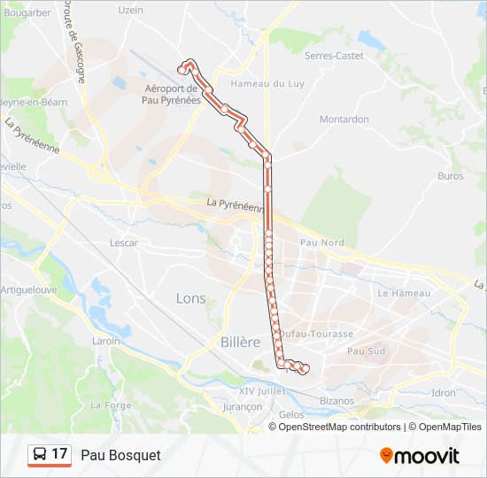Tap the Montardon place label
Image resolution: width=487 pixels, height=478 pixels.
click(344, 119)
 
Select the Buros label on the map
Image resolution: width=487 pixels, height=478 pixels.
click(450, 176)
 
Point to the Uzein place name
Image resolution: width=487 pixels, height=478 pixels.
click(130, 11)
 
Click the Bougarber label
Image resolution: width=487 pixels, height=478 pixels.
click(27, 12)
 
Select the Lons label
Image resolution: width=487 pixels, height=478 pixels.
click(190, 298)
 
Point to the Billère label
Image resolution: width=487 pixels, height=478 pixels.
click(240, 342)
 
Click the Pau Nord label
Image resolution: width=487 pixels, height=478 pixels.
click(321, 243)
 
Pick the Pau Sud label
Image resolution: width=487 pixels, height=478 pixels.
click(366, 351)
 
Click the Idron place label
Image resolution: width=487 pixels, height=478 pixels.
click(443, 392)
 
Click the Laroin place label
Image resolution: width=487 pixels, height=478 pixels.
click(105, 341)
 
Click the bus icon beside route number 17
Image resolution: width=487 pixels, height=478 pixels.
click(40, 455)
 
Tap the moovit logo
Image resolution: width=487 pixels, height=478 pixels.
click(419, 456)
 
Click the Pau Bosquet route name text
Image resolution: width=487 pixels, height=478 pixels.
click(120, 455)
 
